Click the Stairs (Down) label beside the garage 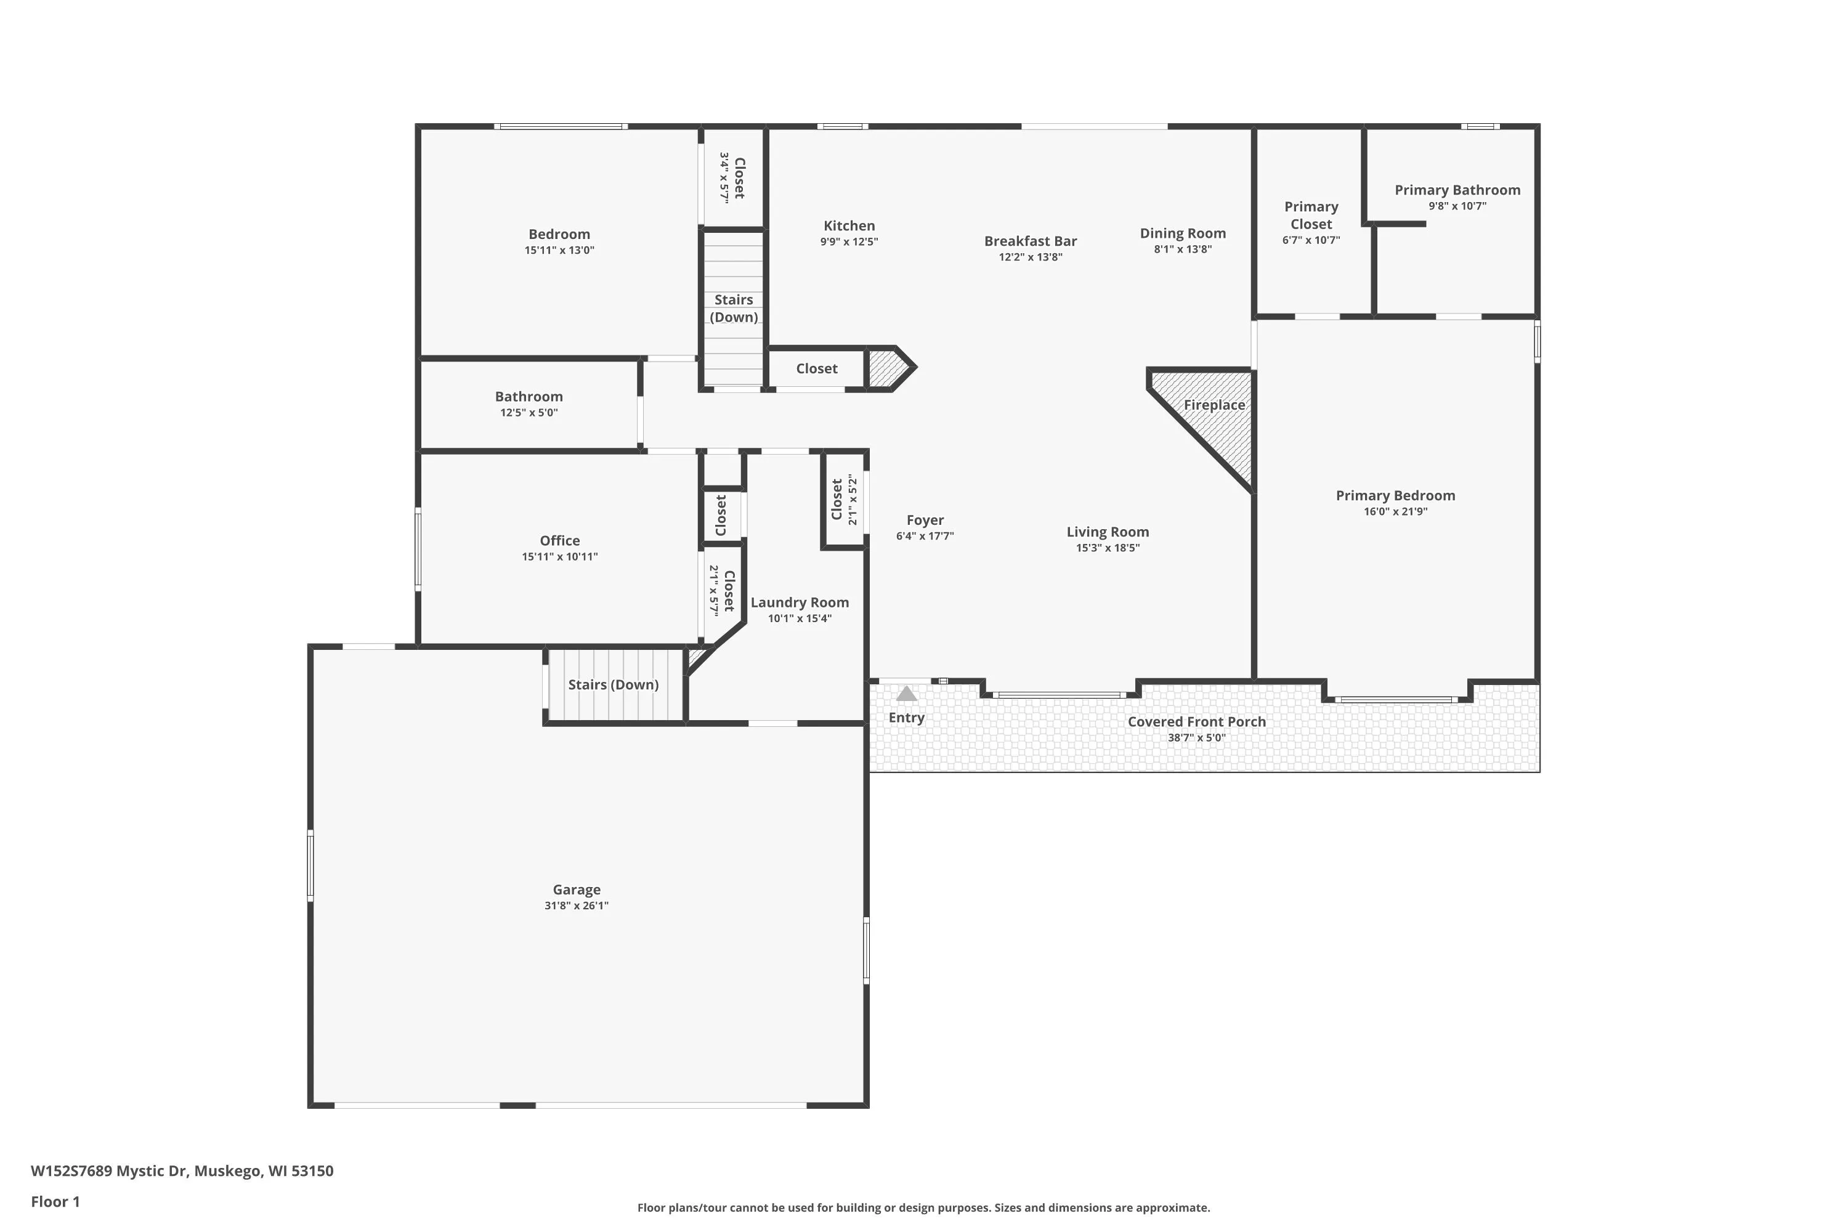click(613, 684)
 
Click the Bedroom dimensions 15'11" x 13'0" click(559, 251)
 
